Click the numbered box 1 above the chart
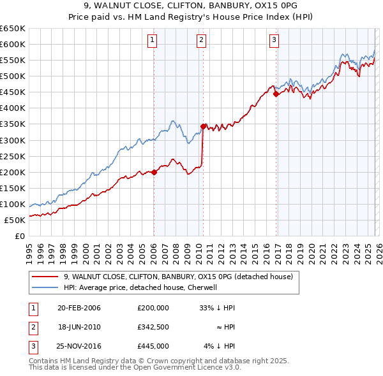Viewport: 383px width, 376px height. click(x=153, y=40)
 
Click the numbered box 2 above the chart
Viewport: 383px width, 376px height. click(x=201, y=40)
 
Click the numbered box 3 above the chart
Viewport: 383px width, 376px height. click(x=274, y=40)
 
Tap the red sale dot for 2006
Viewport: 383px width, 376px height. click(x=154, y=172)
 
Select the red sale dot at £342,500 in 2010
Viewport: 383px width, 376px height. click(x=203, y=126)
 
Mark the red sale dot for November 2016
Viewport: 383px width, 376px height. click(x=276, y=94)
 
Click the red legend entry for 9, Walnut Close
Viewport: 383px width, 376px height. click(x=178, y=277)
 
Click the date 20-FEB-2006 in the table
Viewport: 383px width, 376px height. click(x=79, y=308)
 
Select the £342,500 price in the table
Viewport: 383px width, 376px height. click(x=153, y=327)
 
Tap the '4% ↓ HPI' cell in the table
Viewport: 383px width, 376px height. click(x=220, y=346)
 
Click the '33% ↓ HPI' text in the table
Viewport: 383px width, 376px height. click(x=218, y=308)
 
